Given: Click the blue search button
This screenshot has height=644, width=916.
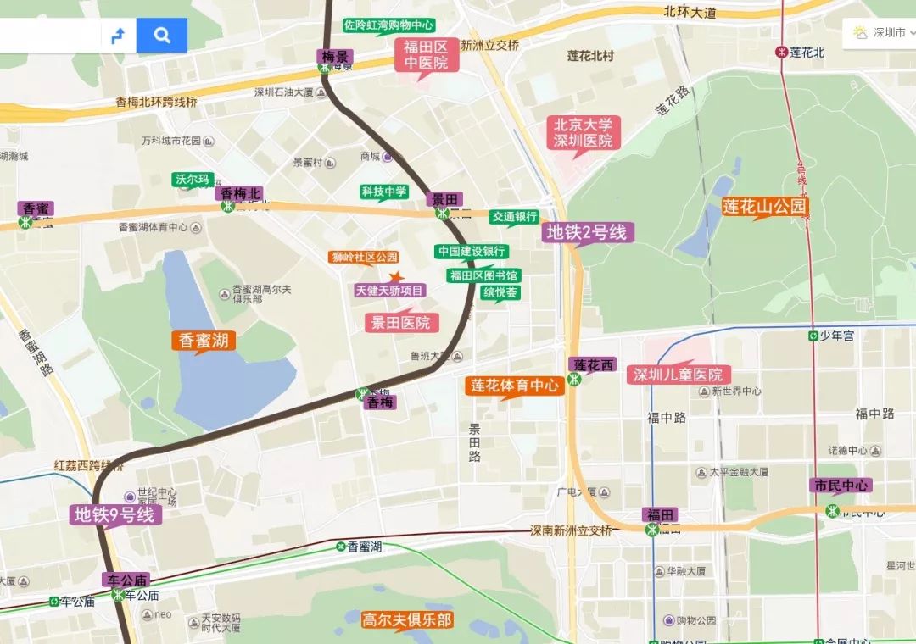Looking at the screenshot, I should (162, 36).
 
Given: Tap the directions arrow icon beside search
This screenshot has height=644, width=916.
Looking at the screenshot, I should (119, 36).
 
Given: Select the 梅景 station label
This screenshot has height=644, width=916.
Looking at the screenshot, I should (335, 57).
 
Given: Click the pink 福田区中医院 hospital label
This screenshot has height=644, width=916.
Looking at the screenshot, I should (426, 54).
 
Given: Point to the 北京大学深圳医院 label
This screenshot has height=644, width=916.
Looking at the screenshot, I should (584, 132).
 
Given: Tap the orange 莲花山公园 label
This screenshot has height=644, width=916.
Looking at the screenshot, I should (765, 206).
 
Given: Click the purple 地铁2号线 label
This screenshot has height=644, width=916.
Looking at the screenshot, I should (586, 232).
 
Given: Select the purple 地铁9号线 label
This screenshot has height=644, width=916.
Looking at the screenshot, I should (114, 514).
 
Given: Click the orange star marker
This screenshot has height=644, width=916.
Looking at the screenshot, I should (395, 276).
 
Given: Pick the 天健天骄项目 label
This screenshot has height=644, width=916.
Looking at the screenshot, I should (390, 291).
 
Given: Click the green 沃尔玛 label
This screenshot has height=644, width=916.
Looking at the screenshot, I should (192, 180).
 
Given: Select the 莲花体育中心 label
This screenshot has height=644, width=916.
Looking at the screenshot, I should (516, 386).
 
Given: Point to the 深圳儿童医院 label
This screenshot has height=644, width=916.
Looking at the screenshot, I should (679, 375).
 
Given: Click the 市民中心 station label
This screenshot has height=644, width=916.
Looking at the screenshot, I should (841, 486).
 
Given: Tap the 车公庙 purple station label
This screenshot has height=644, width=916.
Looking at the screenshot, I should (127, 580).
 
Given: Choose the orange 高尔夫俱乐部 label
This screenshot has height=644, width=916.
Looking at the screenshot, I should (406, 619).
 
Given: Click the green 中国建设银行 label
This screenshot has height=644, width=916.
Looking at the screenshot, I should (472, 252).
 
